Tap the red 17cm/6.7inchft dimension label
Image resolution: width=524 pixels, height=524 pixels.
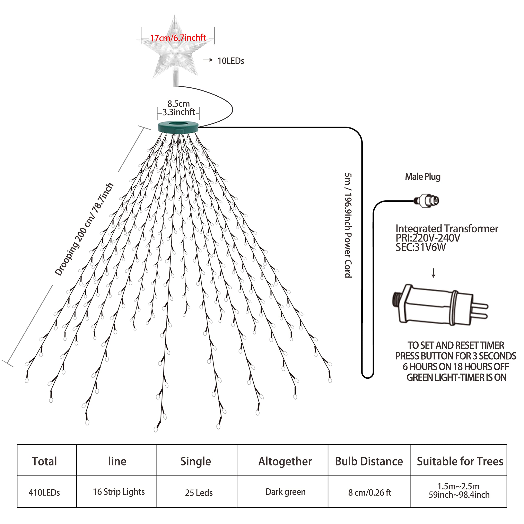click(x=178, y=38)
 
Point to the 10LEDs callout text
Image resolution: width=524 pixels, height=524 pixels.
click(x=230, y=61)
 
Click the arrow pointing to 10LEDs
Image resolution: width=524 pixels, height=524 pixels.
click(x=208, y=60)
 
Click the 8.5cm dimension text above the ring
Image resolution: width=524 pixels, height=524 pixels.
click(x=178, y=104)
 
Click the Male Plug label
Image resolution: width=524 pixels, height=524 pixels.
click(x=422, y=177)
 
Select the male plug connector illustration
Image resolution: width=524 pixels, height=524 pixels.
click(x=427, y=201)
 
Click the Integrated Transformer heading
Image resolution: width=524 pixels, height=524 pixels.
click(x=447, y=228)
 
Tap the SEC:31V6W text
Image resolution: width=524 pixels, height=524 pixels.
click(x=420, y=247)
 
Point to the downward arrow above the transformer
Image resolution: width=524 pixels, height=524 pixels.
click(x=433, y=273)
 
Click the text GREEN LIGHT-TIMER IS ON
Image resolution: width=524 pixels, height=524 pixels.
click(x=456, y=377)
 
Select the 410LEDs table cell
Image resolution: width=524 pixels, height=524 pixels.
click(x=44, y=492)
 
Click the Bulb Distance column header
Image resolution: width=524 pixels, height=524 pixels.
click(x=369, y=461)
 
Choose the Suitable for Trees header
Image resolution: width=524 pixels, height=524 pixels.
click(x=460, y=461)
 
